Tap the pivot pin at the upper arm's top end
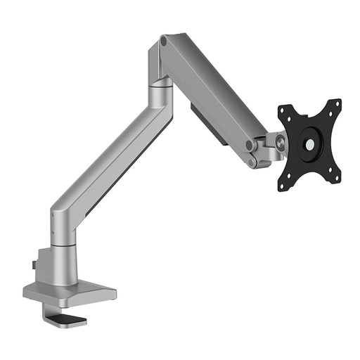[164, 42]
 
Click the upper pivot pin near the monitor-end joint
[250, 145]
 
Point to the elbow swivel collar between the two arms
[159, 91]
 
